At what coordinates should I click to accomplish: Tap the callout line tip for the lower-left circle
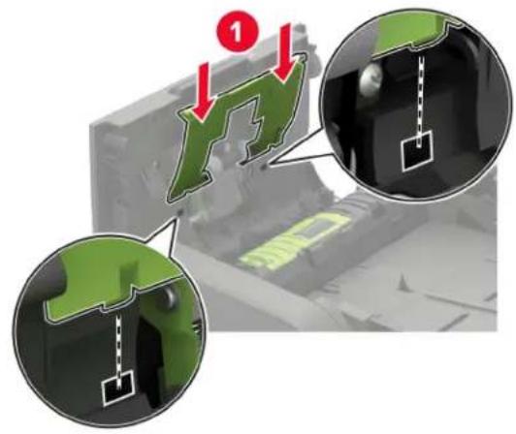pyautogui.click(x=179, y=214)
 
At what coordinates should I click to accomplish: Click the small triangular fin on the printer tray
pyautogui.click(x=404, y=284)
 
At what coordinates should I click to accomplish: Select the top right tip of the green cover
pyautogui.click(x=306, y=56)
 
